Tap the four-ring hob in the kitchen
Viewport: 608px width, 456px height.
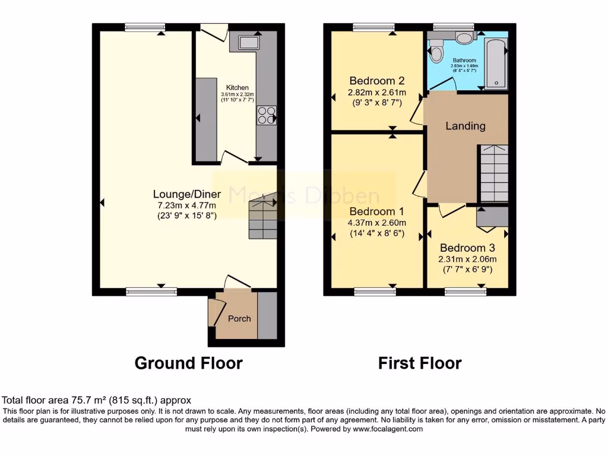pyautogui.click(x=266, y=115)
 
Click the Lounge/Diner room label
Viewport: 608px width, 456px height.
pyautogui.click(x=187, y=194)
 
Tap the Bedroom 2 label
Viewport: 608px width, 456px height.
pyautogui.click(x=377, y=81)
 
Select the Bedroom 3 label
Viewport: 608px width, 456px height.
pyautogui.click(x=468, y=248)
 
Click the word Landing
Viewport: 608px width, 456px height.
pyautogui.click(x=465, y=126)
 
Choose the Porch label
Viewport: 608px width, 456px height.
pyautogui.click(x=239, y=318)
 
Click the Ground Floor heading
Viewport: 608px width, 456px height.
pyautogui.click(x=188, y=363)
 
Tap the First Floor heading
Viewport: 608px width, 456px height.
pyautogui.click(x=420, y=363)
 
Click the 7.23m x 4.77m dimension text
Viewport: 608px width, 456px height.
pyautogui.click(x=187, y=205)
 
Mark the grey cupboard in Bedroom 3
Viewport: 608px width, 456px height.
pyautogui.click(x=492, y=218)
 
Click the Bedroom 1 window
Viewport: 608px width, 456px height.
pyautogui.click(x=376, y=291)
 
